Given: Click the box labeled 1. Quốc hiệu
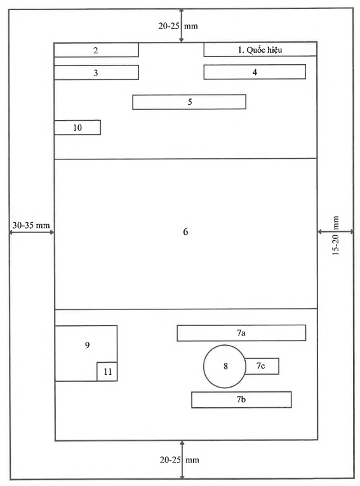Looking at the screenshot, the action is tap(260, 50).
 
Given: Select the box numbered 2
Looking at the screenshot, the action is tap(96, 50).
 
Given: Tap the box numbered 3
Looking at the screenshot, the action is tap(96, 72).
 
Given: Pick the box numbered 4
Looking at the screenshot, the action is tap(255, 72).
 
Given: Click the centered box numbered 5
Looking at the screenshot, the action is tap(189, 102).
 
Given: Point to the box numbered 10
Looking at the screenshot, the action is tap(77, 128).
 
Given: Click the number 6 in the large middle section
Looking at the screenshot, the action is tap(185, 231).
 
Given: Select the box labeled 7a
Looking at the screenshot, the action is tap(241, 333).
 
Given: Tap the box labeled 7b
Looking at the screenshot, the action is tap(241, 400).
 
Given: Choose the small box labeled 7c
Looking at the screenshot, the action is tap(262, 366).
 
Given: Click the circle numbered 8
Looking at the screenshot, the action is tap(225, 367).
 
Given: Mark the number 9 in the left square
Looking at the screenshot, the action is tap(88, 345).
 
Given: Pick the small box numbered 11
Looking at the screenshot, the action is tap(107, 371).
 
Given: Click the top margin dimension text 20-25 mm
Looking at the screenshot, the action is tap(178, 25).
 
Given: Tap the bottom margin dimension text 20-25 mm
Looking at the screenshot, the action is tap(180, 460).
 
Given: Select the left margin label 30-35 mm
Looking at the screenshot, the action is tap(31, 226).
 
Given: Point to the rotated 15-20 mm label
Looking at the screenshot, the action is tap(335, 236).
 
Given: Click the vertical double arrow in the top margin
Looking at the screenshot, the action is tap(182, 25).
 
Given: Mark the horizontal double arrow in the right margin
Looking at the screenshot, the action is tap(335, 231).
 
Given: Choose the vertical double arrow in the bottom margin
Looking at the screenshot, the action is tap(182, 460).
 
